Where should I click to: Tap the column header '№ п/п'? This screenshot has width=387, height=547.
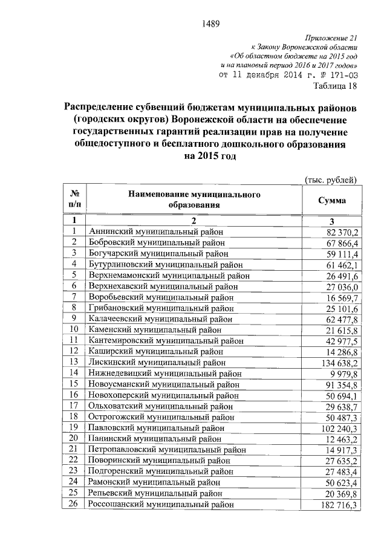75,200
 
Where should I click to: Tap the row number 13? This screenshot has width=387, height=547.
75,362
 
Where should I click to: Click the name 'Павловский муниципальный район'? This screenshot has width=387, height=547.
157,428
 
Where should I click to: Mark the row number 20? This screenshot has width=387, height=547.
75,438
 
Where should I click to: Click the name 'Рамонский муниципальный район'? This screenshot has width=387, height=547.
154,482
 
